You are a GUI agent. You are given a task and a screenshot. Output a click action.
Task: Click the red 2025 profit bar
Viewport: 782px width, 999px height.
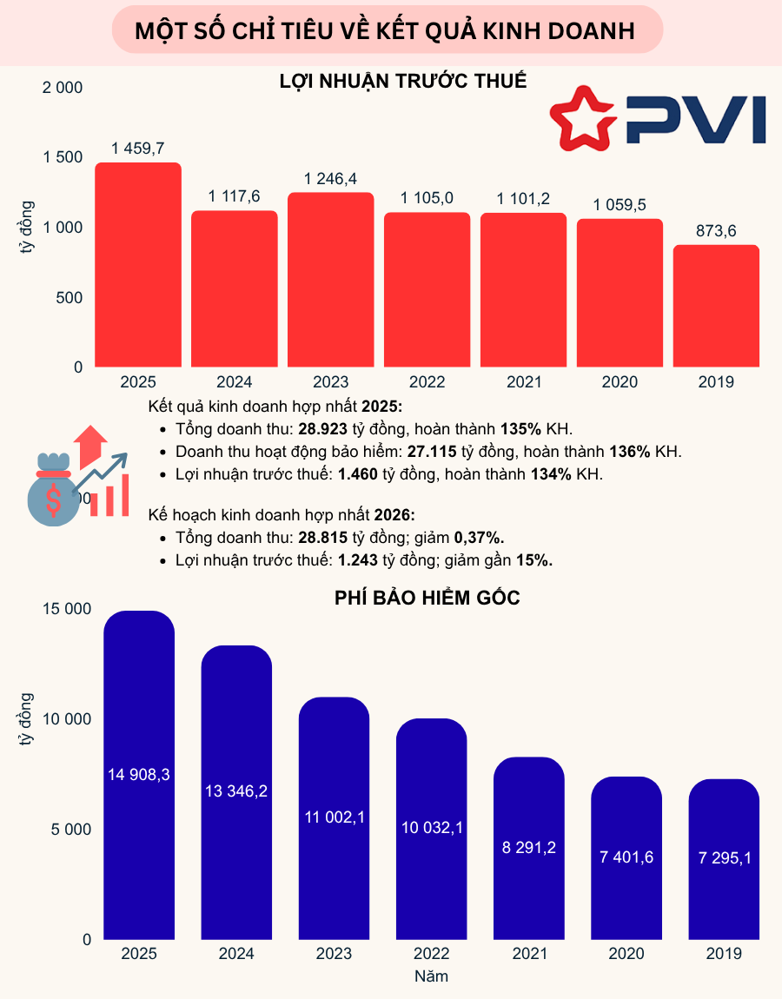pos(138,265)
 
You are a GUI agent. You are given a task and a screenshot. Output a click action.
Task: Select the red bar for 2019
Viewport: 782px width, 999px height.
pos(717,306)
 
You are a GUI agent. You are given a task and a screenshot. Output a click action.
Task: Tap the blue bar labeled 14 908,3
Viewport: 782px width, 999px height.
pos(139,775)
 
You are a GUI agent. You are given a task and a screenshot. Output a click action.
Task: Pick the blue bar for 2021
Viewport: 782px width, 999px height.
pos(528,848)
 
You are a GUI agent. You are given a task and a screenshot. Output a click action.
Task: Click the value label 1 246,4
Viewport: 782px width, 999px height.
pos(330,179)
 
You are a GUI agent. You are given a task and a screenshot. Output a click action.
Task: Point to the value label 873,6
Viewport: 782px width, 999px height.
pos(717,232)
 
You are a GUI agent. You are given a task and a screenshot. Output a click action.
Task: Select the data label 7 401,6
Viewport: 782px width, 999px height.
pos(626,857)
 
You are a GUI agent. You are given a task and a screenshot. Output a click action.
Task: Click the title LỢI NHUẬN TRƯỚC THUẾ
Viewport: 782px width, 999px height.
pos(403,82)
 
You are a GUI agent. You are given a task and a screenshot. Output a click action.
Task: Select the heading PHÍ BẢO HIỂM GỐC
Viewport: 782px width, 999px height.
pos(427,598)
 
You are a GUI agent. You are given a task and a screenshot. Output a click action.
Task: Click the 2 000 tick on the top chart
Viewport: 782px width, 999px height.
pos(63,88)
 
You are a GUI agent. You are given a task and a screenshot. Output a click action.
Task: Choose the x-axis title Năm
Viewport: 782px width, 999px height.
pos(431,976)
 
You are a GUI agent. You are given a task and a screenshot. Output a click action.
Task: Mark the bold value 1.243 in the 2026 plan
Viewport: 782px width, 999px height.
pos(358,560)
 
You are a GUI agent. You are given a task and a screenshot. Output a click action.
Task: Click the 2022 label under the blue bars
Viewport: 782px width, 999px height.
pos(431,954)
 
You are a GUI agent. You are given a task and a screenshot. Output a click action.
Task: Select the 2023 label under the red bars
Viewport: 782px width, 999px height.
pos(330,382)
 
